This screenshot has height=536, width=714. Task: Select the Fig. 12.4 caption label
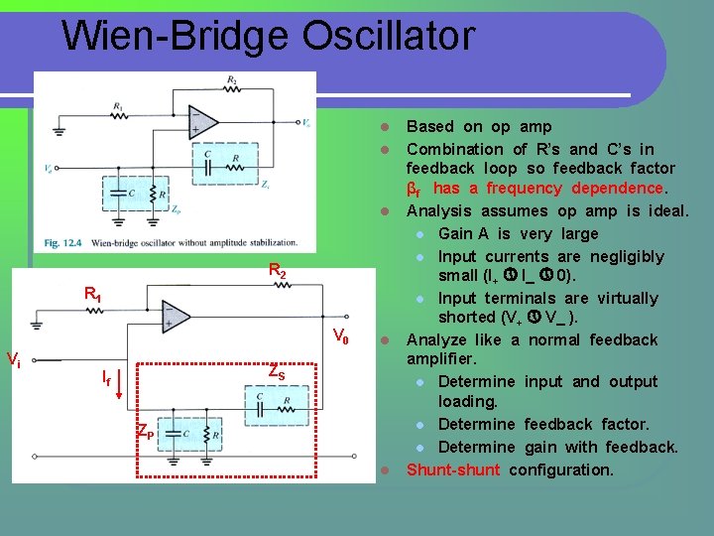point(69,242)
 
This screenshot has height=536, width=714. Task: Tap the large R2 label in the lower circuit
point(278,270)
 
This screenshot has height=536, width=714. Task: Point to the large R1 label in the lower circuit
point(92,294)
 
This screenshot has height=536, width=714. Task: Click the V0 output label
point(340,335)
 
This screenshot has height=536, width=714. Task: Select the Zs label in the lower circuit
point(277,373)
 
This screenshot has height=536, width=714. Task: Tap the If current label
point(105,376)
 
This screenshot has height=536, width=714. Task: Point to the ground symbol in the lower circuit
point(37,323)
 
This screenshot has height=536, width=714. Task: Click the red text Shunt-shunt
point(453,469)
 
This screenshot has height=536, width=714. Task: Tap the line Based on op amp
point(479,126)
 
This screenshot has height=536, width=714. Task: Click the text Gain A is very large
point(518,233)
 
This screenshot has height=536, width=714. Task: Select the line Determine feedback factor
point(543,425)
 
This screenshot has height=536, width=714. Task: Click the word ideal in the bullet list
point(667,210)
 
